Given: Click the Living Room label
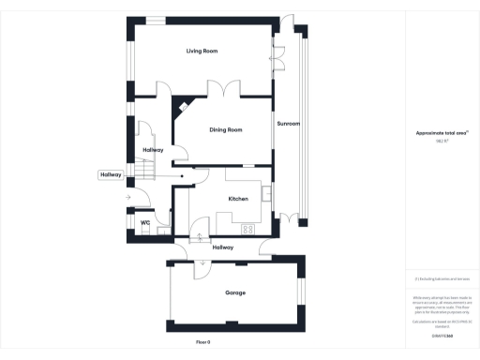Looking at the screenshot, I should click(202, 50).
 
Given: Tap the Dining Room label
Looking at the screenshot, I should click(226, 129).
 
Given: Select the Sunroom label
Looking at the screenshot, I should click(288, 123).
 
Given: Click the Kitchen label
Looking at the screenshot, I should click(238, 199).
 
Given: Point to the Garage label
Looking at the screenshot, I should click(235, 293).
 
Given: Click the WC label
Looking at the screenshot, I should click(145, 222).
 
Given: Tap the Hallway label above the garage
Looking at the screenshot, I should click(222, 247).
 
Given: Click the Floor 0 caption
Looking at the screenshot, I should click(203, 342).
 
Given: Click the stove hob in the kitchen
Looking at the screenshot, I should click(248, 228).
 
